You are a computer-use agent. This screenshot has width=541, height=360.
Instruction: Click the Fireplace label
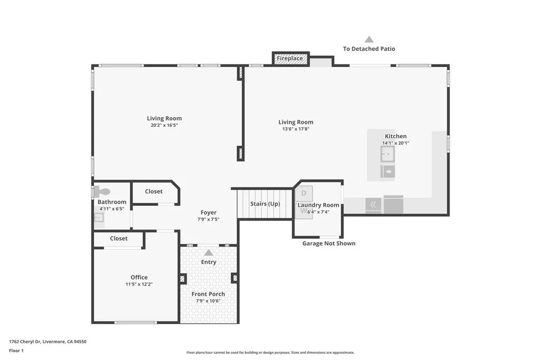(290, 59)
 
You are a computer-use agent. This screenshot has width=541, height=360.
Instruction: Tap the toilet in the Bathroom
(103, 192)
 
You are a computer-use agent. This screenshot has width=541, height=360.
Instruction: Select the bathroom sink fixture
(99, 217)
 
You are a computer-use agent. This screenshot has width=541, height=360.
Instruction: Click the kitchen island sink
(387, 154)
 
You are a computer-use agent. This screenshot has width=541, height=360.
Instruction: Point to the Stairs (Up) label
(265, 204)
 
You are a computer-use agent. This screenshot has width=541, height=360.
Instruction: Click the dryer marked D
(304, 193)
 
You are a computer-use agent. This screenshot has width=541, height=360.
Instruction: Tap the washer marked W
(303, 211)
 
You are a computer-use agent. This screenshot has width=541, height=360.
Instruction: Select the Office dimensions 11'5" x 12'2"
(139, 285)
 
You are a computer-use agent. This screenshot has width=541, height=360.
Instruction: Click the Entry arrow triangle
(209, 252)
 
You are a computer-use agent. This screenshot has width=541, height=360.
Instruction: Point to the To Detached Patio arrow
(369, 39)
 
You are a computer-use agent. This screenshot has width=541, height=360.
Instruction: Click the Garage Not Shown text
(329, 243)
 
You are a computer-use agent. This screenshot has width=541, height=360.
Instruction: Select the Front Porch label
(208, 294)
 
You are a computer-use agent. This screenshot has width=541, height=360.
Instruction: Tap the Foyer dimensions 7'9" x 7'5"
(208, 220)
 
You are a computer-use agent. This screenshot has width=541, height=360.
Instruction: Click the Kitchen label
(395, 136)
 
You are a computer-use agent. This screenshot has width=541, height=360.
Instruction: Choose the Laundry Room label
(318, 205)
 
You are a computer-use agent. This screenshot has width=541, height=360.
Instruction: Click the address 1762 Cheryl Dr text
(48, 342)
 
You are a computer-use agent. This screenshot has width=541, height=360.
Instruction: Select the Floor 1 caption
(16, 350)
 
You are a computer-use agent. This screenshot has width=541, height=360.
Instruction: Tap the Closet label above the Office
(118, 239)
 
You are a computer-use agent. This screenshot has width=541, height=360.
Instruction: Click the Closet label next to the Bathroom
(154, 192)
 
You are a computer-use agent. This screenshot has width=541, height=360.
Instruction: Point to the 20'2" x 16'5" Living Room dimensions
(164, 126)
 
